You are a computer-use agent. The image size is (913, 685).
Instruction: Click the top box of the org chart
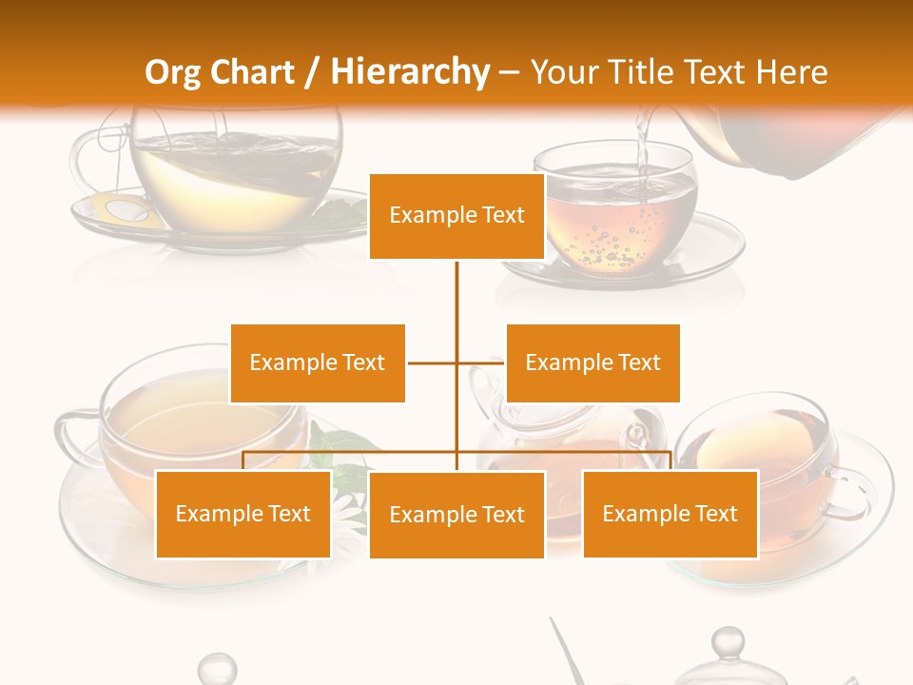(x=456, y=216)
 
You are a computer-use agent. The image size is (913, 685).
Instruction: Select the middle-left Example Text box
(x=318, y=362)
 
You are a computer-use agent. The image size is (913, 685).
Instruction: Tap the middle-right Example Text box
(x=592, y=362)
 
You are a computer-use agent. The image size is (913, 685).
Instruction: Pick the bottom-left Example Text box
(x=243, y=514)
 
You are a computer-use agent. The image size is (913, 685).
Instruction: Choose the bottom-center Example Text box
(x=456, y=515)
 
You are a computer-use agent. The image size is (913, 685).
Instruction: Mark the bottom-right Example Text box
(x=670, y=514)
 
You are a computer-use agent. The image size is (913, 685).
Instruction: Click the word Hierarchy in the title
(x=409, y=72)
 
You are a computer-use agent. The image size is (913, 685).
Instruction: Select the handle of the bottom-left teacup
(x=71, y=433)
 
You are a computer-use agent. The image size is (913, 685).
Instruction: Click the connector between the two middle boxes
(x=456, y=362)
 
